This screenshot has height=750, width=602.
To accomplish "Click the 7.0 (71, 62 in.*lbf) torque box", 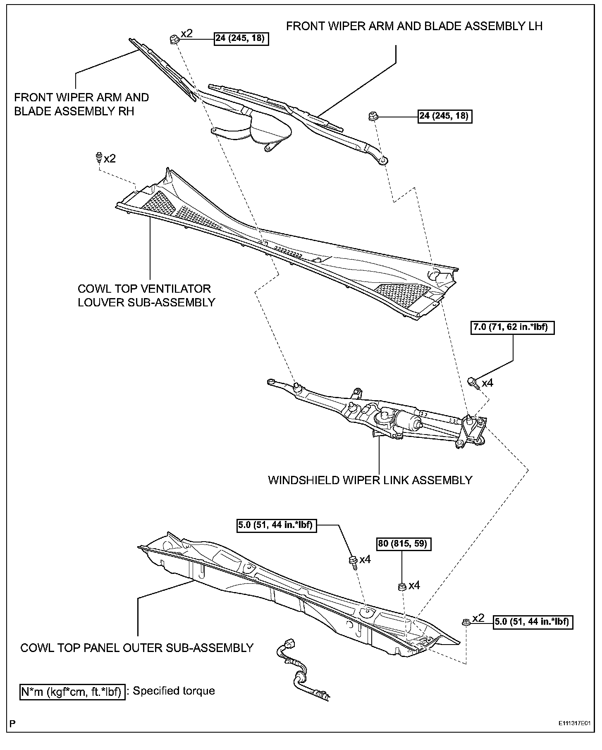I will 512,327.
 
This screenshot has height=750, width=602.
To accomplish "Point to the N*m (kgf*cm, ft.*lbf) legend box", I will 72,691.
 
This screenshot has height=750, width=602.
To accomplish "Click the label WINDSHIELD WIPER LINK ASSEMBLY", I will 370,480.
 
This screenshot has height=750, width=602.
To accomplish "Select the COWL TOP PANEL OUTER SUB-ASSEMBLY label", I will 137,647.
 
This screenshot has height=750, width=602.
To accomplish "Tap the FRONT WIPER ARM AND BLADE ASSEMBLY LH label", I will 414,26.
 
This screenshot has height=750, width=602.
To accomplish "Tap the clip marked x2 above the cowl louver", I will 98,158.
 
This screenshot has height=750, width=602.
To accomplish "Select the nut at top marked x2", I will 174,40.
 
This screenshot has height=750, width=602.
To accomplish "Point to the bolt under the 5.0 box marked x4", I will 353,561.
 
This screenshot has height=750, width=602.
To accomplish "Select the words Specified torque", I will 174,691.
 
